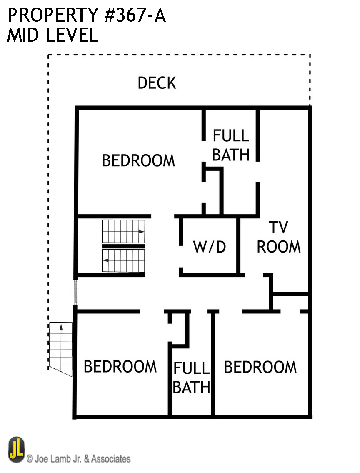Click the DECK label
coord(157,83)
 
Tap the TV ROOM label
coord(279,237)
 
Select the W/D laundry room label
coord(210,247)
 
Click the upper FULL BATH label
coord(231,145)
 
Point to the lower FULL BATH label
coord(191,378)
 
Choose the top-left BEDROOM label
coord(138,160)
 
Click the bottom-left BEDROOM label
coord(120,366)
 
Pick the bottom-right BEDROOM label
coord(260,367)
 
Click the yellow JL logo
coord(16,450)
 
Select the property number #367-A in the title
coord(135,15)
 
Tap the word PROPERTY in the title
coord(53,15)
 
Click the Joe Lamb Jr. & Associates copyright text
coord(79,459)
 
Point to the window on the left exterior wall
coord(75,292)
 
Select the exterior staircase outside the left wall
coord(61,349)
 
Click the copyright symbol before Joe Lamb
coord(30,459)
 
